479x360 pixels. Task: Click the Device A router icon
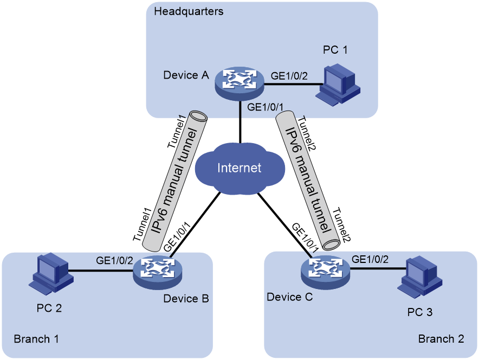pyautogui.click(x=239, y=83)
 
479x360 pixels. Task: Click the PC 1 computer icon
pyautogui.click(x=338, y=85)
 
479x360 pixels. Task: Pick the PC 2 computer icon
pyautogui.click(x=51, y=273)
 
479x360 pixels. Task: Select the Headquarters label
pyautogui.click(x=189, y=11)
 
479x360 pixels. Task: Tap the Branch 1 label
pyautogui.click(x=36, y=339)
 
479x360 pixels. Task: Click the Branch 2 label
pyautogui.click(x=441, y=339)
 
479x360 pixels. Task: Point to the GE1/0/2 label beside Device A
pyautogui.click(x=289, y=75)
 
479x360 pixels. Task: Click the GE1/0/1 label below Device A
pyautogui.click(x=265, y=107)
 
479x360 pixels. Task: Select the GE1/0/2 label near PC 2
pyautogui.click(x=114, y=260)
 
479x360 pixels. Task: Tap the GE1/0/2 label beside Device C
pyautogui.click(x=370, y=259)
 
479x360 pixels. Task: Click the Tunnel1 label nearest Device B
pyautogui.click(x=143, y=224)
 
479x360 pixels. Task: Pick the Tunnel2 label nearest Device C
pyautogui.click(x=341, y=225)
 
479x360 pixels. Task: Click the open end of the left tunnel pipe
pyautogui.click(x=198, y=116)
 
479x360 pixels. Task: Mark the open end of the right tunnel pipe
pyautogui.click(x=331, y=244)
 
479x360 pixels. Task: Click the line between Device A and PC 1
pyautogui.click(x=293, y=83)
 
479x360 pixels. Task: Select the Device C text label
pyautogui.click(x=289, y=297)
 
